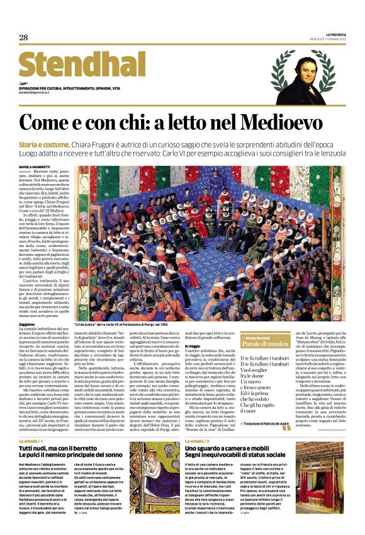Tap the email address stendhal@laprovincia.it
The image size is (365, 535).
tap(38, 93)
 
